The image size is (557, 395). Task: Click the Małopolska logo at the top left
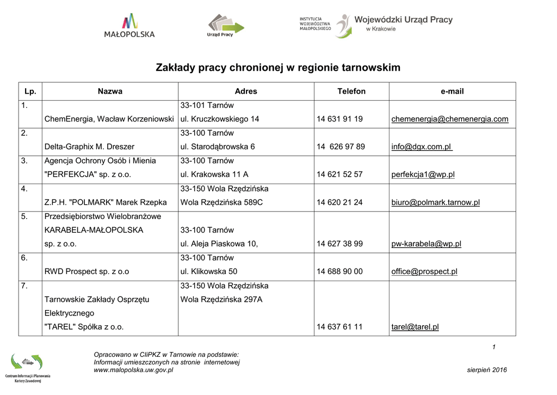point(129,26)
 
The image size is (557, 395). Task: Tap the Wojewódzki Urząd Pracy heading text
point(403,20)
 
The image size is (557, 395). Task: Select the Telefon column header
point(351,92)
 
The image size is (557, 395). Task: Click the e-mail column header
point(452,92)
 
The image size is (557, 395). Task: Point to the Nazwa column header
point(110,92)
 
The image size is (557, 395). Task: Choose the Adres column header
point(246,92)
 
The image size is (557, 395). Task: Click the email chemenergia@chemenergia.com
point(450,119)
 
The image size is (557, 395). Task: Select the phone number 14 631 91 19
point(339,119)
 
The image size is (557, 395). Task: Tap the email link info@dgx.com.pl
point(422,147)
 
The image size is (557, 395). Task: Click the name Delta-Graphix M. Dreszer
point(89,147)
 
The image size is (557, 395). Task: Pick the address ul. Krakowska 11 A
point(214,174)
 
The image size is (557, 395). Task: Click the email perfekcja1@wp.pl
point(423,174)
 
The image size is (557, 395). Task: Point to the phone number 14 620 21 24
point(339,202)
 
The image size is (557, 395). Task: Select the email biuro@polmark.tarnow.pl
point(436,202)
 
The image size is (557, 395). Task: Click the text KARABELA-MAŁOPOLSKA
point(94,230)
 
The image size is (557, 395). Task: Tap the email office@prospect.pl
point(424,271)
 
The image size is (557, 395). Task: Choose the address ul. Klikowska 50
point(208,271)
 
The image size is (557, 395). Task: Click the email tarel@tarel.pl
point(415,327)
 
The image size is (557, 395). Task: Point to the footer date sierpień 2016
point(487,370)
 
